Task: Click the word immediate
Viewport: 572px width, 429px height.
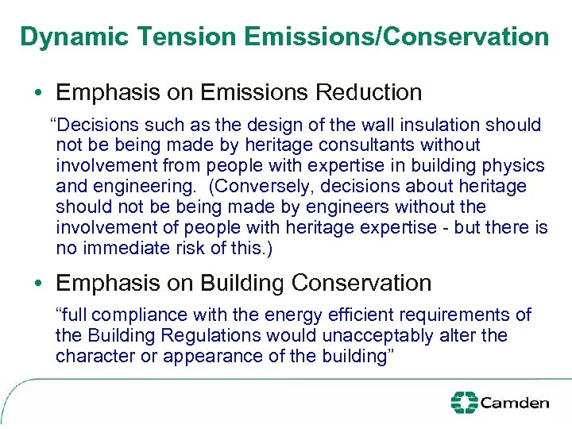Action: tap(123, 249)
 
